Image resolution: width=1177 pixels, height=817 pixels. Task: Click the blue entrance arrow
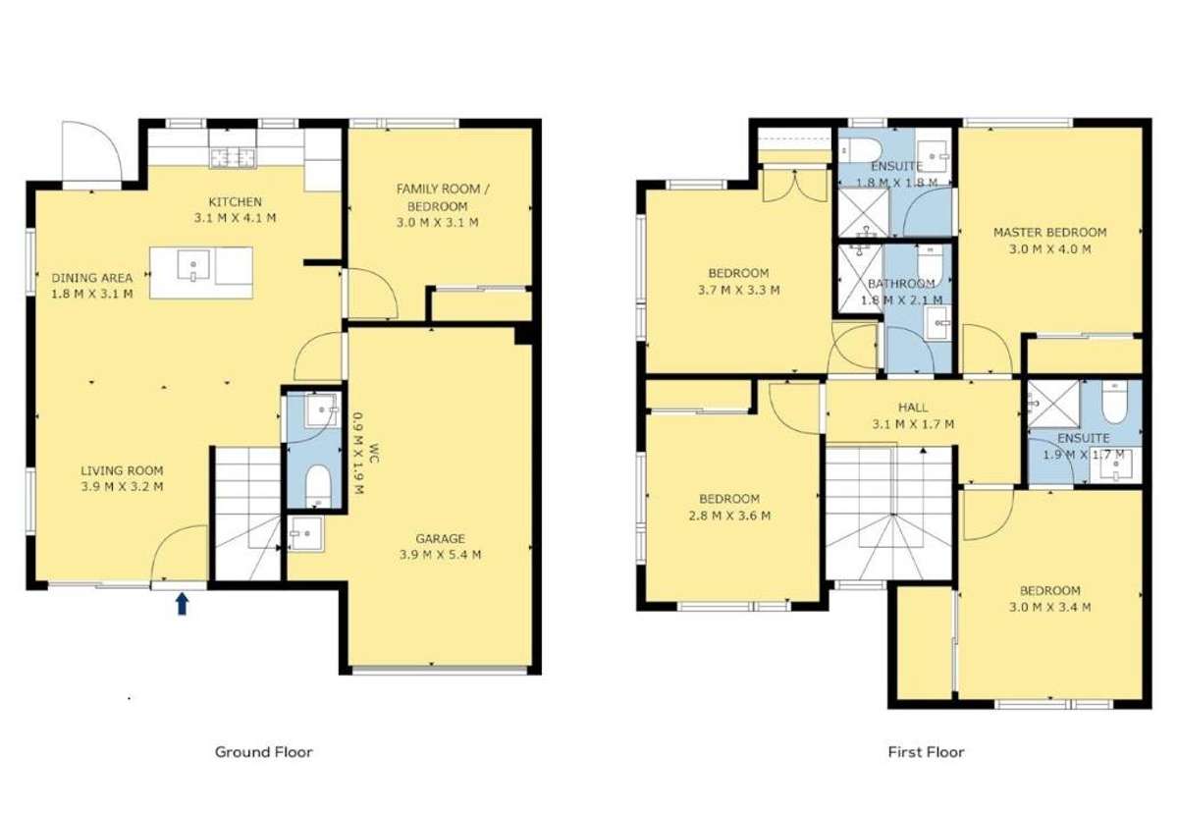(182, 604)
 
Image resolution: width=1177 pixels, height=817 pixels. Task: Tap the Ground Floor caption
(263, 751)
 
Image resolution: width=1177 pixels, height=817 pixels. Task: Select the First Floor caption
(927, 751)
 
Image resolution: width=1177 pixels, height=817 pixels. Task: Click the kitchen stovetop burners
(234, 157)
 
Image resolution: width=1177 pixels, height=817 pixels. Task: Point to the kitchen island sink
(194, 266)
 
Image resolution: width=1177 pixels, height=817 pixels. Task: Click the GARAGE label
(441, 538)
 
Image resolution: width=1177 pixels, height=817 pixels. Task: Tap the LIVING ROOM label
(122, 470)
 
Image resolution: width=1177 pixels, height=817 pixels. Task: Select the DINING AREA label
(91, 278)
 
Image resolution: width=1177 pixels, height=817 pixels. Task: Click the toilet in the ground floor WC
(319, 485)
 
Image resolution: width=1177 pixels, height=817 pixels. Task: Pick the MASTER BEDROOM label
(1050, 232)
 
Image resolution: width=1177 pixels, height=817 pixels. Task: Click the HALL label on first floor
(913, 407)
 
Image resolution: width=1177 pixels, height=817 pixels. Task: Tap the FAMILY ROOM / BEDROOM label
(442, 196)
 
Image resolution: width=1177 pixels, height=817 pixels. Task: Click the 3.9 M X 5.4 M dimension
(441, 555)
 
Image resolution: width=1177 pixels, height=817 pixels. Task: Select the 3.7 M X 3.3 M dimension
(738, 290)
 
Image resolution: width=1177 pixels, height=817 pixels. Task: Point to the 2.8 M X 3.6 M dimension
(729, 516)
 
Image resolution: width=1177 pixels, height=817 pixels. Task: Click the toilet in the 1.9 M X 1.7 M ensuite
(1114, 404)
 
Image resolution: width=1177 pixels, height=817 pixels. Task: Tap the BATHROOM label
(901, 284)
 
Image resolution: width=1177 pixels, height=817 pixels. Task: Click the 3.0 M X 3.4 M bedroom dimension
(1050, 607)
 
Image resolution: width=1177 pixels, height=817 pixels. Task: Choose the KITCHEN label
(235, 201)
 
